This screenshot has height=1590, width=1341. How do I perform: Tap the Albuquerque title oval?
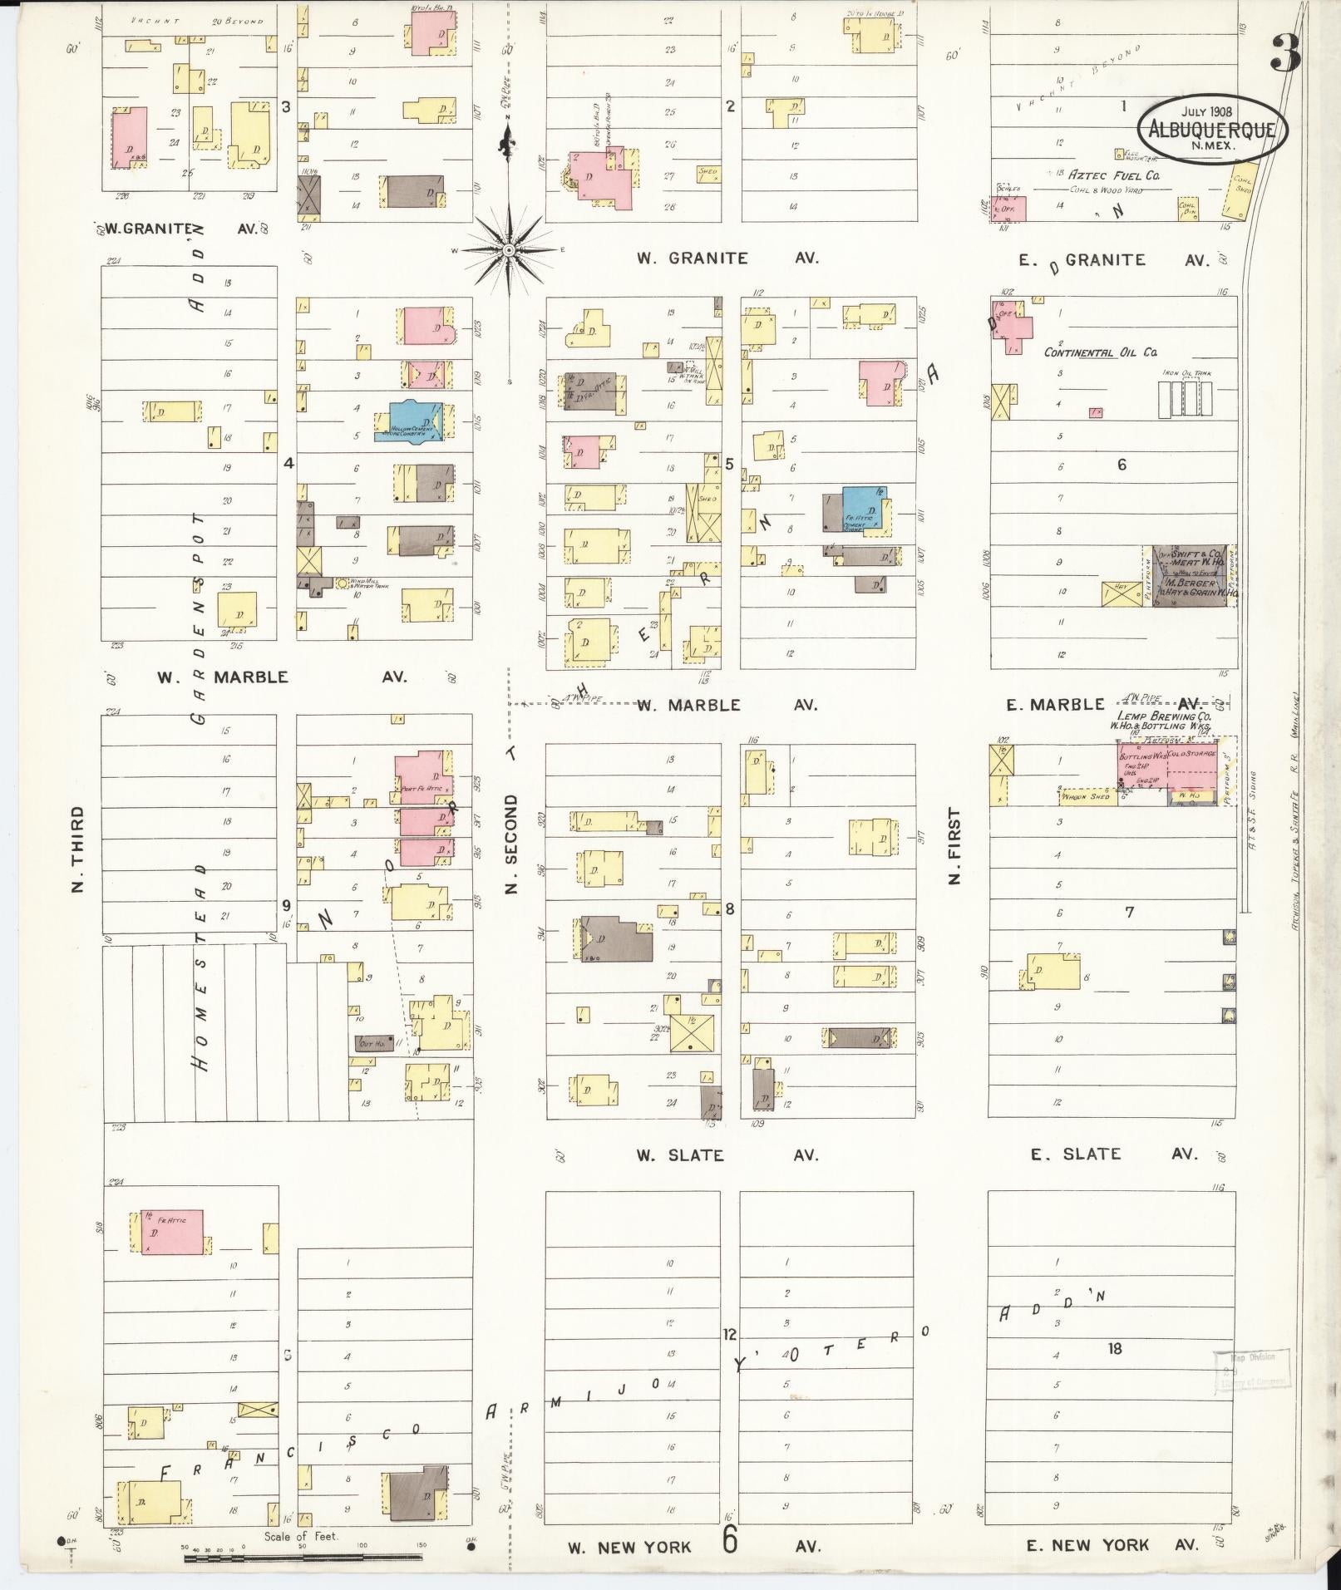click(1212, 128)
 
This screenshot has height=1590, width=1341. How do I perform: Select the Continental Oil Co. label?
click(1100, 352)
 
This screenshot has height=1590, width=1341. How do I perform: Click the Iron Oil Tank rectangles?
click(1185, 399)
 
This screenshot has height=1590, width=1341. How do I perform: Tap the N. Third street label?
click(78, 849)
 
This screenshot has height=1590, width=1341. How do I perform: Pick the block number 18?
click(1114, 1348)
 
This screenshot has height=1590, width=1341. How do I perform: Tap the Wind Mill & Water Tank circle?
click(341, 583)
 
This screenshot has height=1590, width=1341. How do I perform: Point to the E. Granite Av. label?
click(1114, 260)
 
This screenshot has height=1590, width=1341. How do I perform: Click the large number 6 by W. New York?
click(730, 1540)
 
